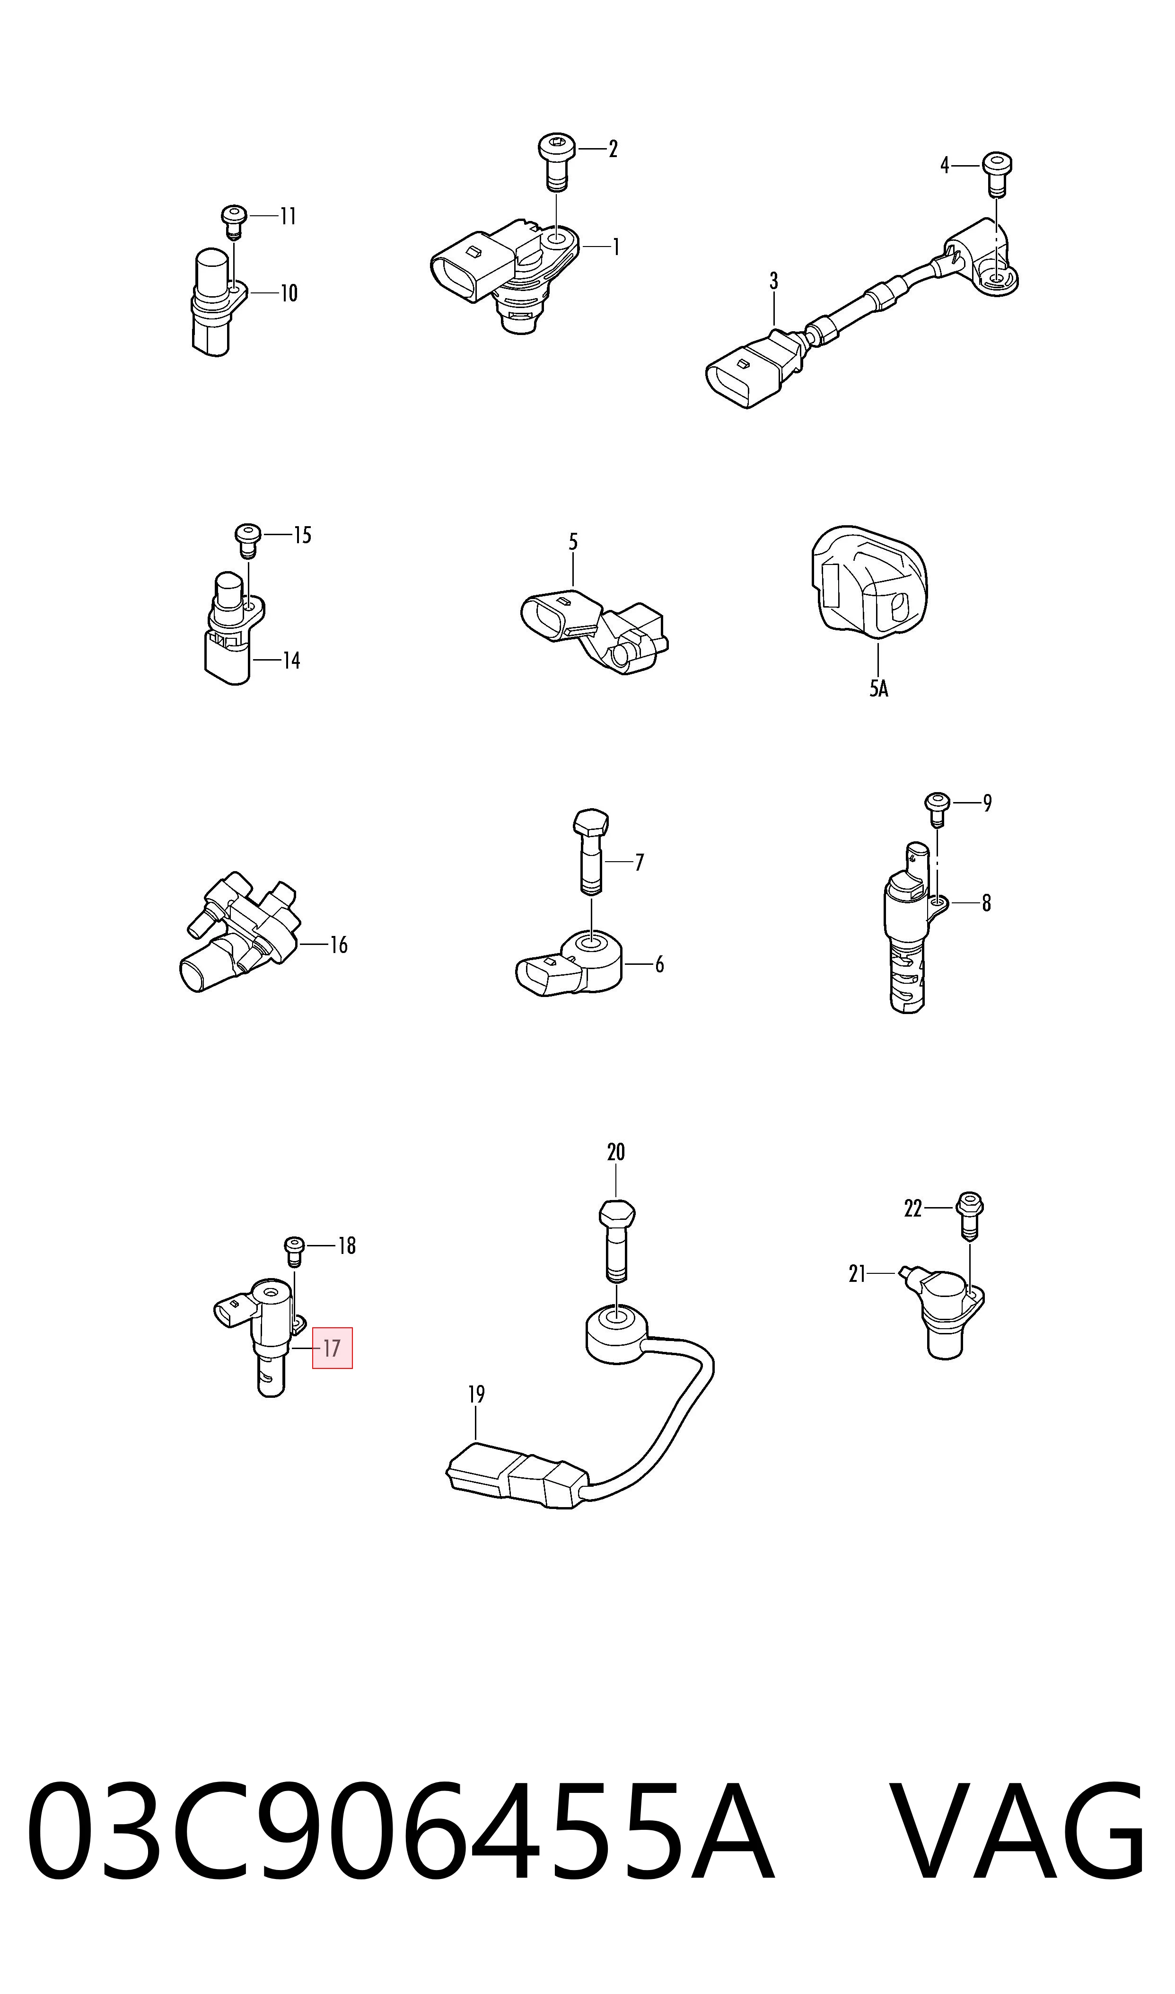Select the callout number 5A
(879, 688)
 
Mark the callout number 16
(339, 945)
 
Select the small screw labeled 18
(295, 1251)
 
